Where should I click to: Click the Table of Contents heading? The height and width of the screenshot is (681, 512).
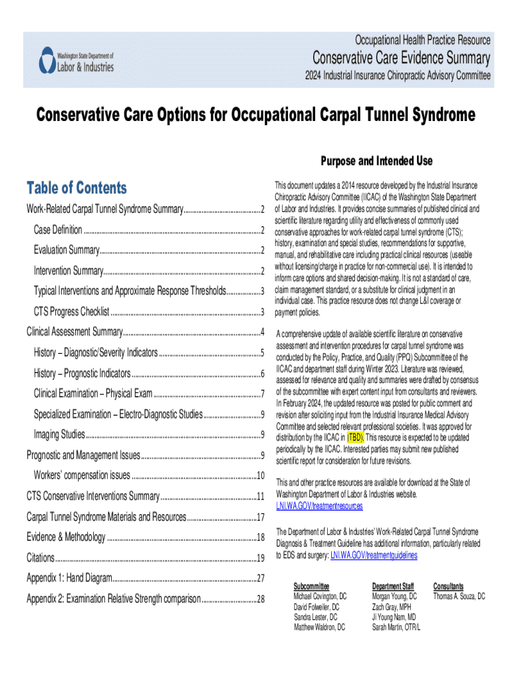pos(76,188)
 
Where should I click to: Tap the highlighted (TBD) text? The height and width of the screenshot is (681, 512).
pos(355,438)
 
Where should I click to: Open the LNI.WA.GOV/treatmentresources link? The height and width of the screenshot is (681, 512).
pos(319,506)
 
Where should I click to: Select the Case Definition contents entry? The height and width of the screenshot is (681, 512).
pos(59,230)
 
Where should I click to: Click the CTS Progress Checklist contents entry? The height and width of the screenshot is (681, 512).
pos(71,312)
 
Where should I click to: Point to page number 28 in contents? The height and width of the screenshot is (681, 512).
pos(261,599)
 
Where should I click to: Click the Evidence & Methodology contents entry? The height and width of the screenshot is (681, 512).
pos(66,537)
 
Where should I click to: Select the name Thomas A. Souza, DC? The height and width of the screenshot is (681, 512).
pos(459,597)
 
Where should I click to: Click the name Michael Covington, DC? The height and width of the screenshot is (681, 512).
pos(320,597)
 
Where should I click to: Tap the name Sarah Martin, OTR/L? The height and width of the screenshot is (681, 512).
pos(396,626)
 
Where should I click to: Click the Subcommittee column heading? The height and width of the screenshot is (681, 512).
pos(311,587)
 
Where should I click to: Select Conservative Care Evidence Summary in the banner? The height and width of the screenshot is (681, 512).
pos(402,59)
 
